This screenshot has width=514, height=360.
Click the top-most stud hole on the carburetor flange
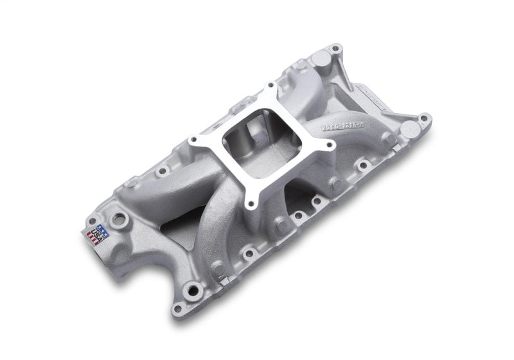[x=270, y=85]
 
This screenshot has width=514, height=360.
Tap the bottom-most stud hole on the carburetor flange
[x=251, y=206]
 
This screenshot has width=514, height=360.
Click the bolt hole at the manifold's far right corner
[x=422, y=118]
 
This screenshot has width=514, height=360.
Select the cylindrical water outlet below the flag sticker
[x=106, y=257]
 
